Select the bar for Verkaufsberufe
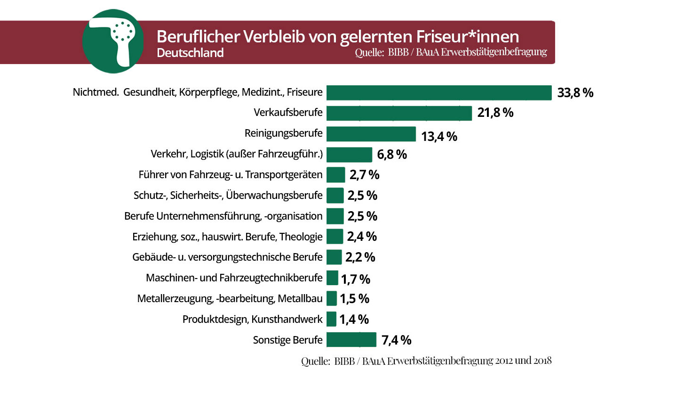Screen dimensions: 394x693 399,113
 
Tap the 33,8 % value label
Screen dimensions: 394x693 575,93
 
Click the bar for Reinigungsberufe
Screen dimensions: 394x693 371,134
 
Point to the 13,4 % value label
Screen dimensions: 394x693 439,137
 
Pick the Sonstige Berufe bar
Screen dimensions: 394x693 351,340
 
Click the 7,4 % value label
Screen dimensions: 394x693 396,340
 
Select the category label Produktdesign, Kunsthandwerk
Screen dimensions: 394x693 252,320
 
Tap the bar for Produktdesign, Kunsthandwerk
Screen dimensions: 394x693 331,319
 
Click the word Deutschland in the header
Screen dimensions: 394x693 190,53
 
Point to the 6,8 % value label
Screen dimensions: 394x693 392,155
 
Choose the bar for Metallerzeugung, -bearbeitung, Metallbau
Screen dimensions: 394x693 331,298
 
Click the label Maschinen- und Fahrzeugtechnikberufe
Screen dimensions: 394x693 234,278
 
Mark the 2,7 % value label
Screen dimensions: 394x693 364,175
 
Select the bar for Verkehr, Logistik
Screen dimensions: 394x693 349,155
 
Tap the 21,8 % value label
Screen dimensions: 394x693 495,113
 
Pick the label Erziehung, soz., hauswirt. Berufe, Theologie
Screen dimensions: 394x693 227,237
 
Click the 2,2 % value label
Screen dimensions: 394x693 360,257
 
